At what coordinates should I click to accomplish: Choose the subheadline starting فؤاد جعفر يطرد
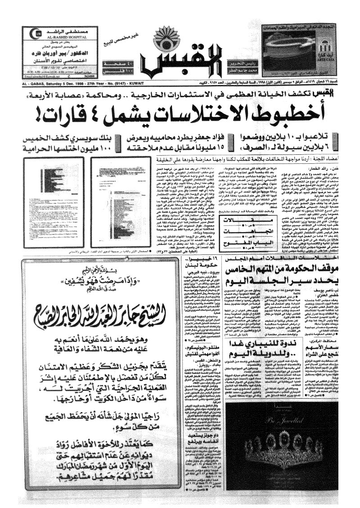(171, 137)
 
